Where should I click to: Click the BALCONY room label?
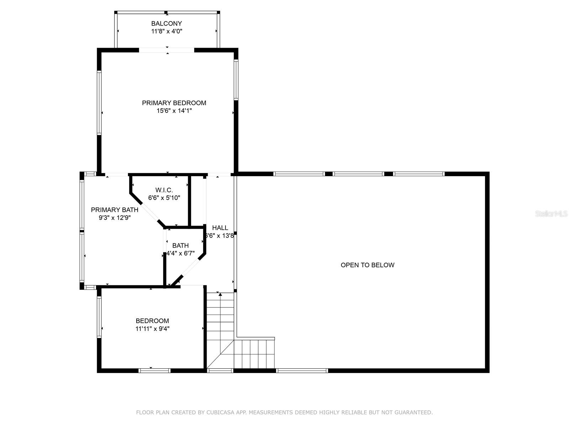[166, 23]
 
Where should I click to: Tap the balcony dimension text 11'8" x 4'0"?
[166, 31]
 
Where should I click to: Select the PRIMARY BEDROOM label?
[174, 103]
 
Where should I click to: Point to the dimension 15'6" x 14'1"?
[174, 111]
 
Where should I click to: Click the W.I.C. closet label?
[164, 190]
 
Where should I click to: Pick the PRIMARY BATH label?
[115, 210]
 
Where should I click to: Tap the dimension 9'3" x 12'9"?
[115, 217]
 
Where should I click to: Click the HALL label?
[220, 228]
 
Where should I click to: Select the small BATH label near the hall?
[180, 246]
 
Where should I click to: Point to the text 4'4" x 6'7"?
[180, 253]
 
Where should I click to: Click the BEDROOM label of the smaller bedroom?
[152, 321]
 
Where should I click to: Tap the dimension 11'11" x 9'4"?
[152, 329]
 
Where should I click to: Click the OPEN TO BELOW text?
[367, 265]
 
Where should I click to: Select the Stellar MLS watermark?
[551, 214]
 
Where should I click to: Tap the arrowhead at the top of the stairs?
[220, 294]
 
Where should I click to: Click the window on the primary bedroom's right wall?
[236, 79]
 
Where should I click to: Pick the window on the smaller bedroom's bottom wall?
[154, 370]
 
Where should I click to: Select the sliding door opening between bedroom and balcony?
[166, 50]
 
